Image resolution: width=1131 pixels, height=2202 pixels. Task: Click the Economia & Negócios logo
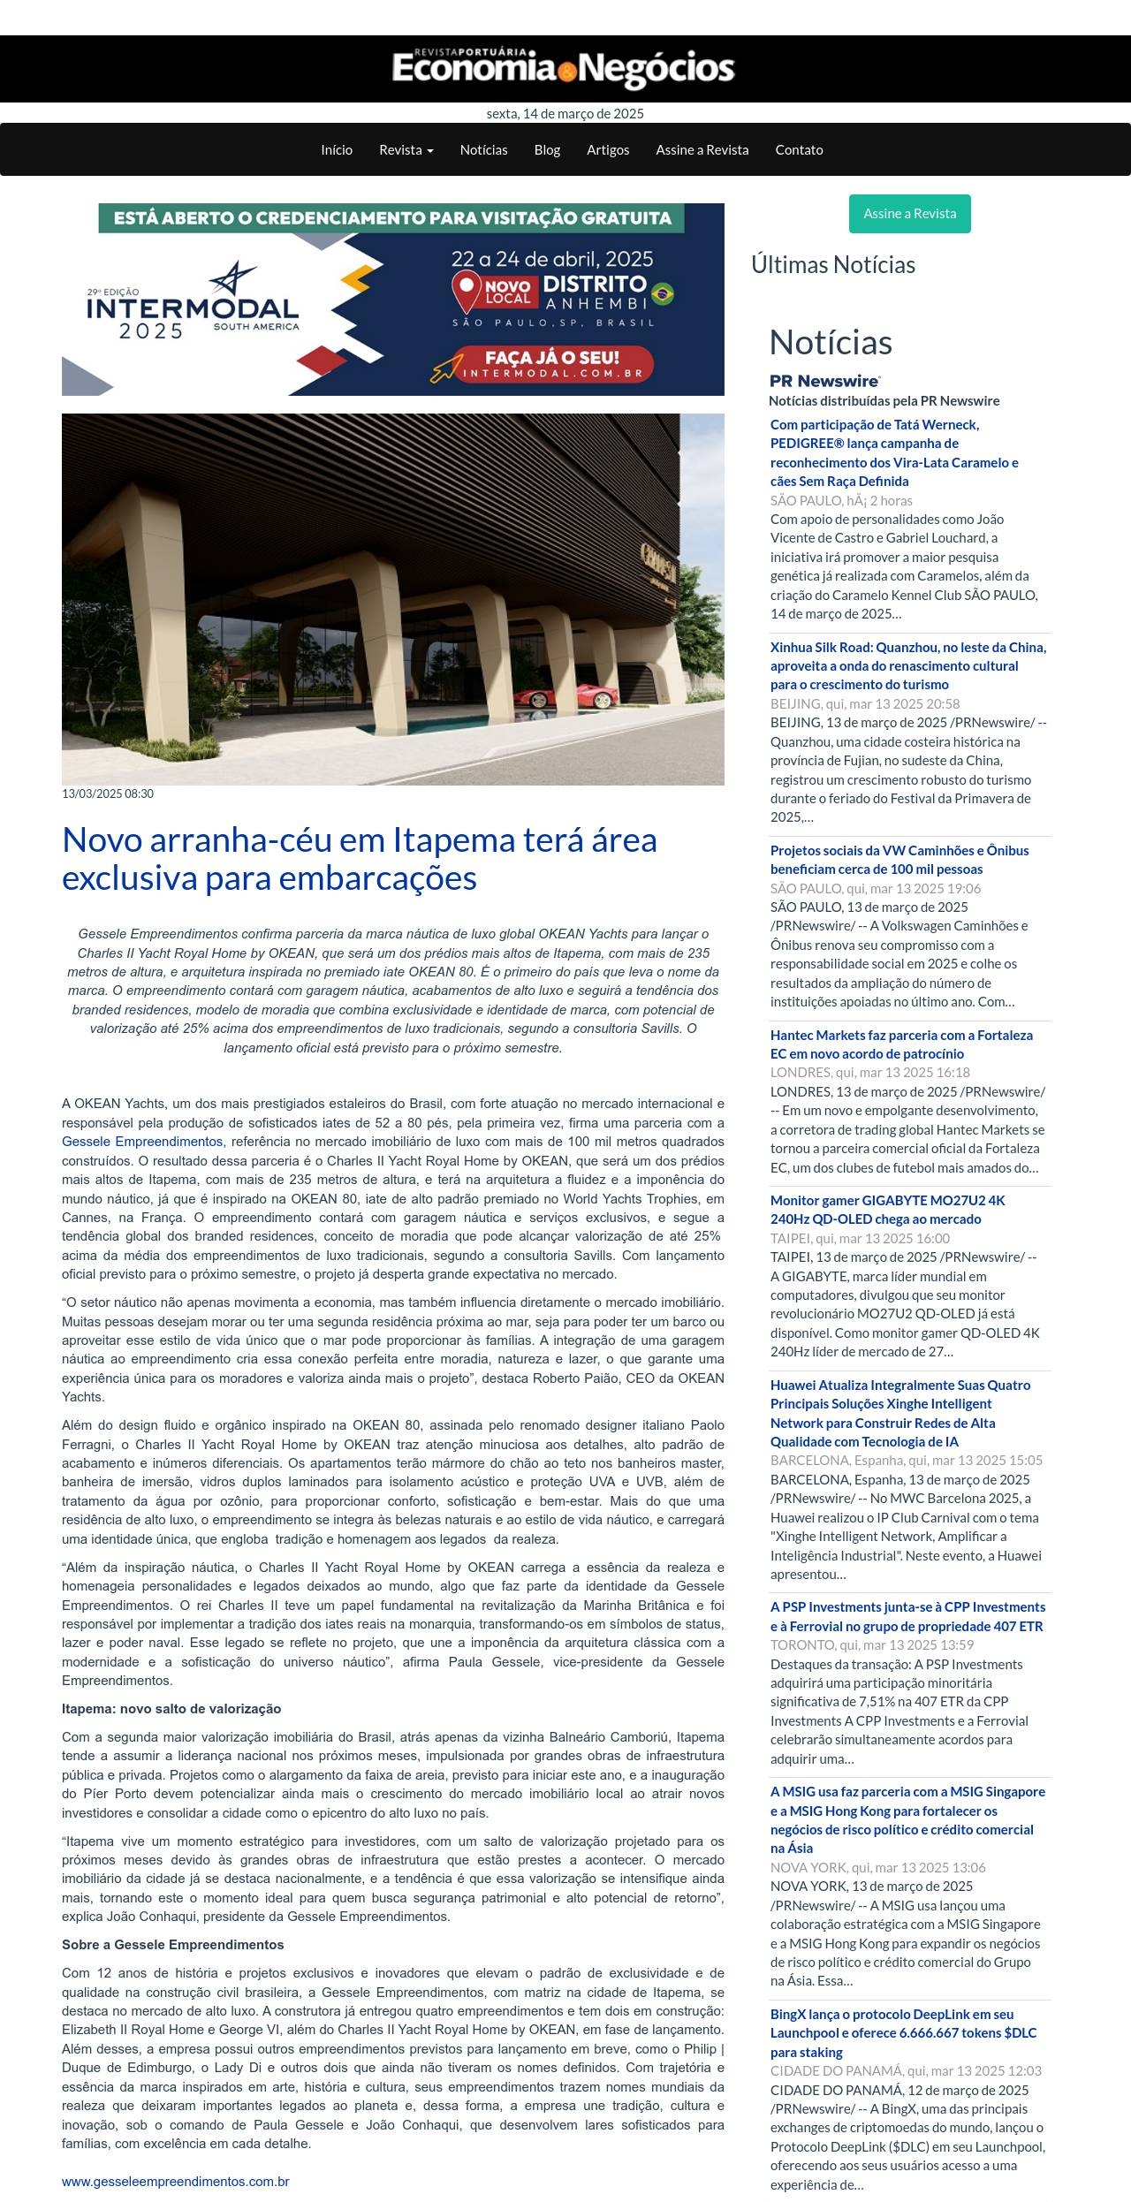pyautogui.click(x=564, y=69)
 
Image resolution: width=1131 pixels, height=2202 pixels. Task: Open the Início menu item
pyautogui.click(x=337, y=150)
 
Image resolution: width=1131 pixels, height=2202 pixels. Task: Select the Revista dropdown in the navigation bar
pyautogui.click(x=406, y=150)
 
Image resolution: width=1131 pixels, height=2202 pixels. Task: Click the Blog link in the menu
pyautogui.click(x=547, y=150)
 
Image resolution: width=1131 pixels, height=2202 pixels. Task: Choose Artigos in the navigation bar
pyautogui.click(x=608, y=150)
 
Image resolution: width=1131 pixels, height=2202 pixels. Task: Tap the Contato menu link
pyautogui.click(x=799, y=150)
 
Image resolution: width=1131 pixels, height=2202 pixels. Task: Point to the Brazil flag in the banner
pyautogui.click(x=663, y=293)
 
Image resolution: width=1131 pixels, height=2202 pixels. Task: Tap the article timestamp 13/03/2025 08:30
pyautogui.click(x=108, y=793)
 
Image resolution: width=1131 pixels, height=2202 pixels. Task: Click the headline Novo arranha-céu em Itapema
pyautogui.click(x=359, y=858)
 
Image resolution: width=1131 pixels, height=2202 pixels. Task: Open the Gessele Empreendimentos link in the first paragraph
pyautogui.click(x=142, y=1142)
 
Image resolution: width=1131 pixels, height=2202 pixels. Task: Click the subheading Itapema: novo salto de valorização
pyautogui.click(x=171, y=1709)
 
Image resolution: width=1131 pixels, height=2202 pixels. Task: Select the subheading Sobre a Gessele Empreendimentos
pyautogui.click(x=172, y=1945)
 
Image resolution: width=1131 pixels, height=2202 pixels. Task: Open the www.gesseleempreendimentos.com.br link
pyautogui.click(x=175, y=2182)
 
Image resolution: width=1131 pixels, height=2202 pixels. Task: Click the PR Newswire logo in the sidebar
pyautogui.click(x=825, y=381)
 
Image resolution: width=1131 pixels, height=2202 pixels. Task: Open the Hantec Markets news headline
pyautogui.click(x=901, y=1044)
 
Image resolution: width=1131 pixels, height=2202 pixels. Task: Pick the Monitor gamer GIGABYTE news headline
pyautogui.click(x=887, y=1210)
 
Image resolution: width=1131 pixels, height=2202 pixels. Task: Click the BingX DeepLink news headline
pyautogui.click(x=903, y=2033)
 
